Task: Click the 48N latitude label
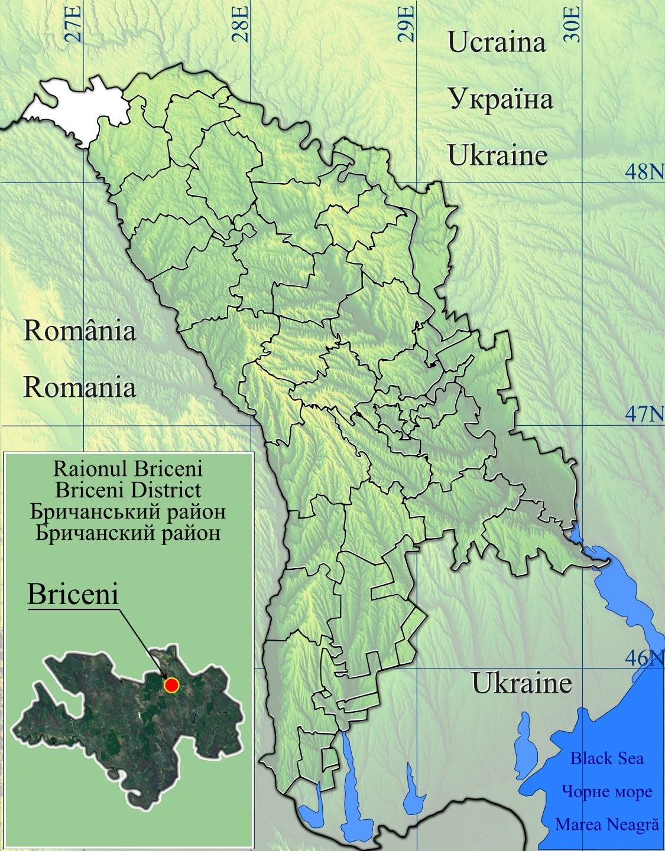tap(644, 171)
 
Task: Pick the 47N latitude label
tap(644, 415)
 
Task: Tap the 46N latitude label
tap(644, 657)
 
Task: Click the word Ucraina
tap(497, 43)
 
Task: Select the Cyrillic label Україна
tap(500, 99)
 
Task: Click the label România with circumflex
tap(79, 331)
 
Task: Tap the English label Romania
tap(79, 387)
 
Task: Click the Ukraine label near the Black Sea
tap(521, 683)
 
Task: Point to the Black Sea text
tap(606, 758)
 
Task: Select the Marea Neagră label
tap(606, 824)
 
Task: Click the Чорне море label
tap(606, 791)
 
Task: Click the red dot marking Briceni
tap(171, 685)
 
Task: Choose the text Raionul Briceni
tap(128, 469)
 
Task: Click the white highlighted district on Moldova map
tap(83, 109)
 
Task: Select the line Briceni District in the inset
tap(128, 490)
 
